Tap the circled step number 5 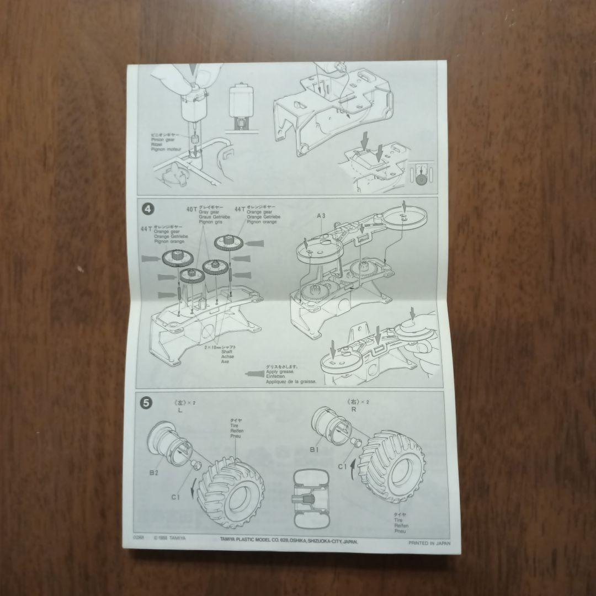pos(146,403)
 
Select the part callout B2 pos(153,472)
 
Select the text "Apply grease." pos(280,372)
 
